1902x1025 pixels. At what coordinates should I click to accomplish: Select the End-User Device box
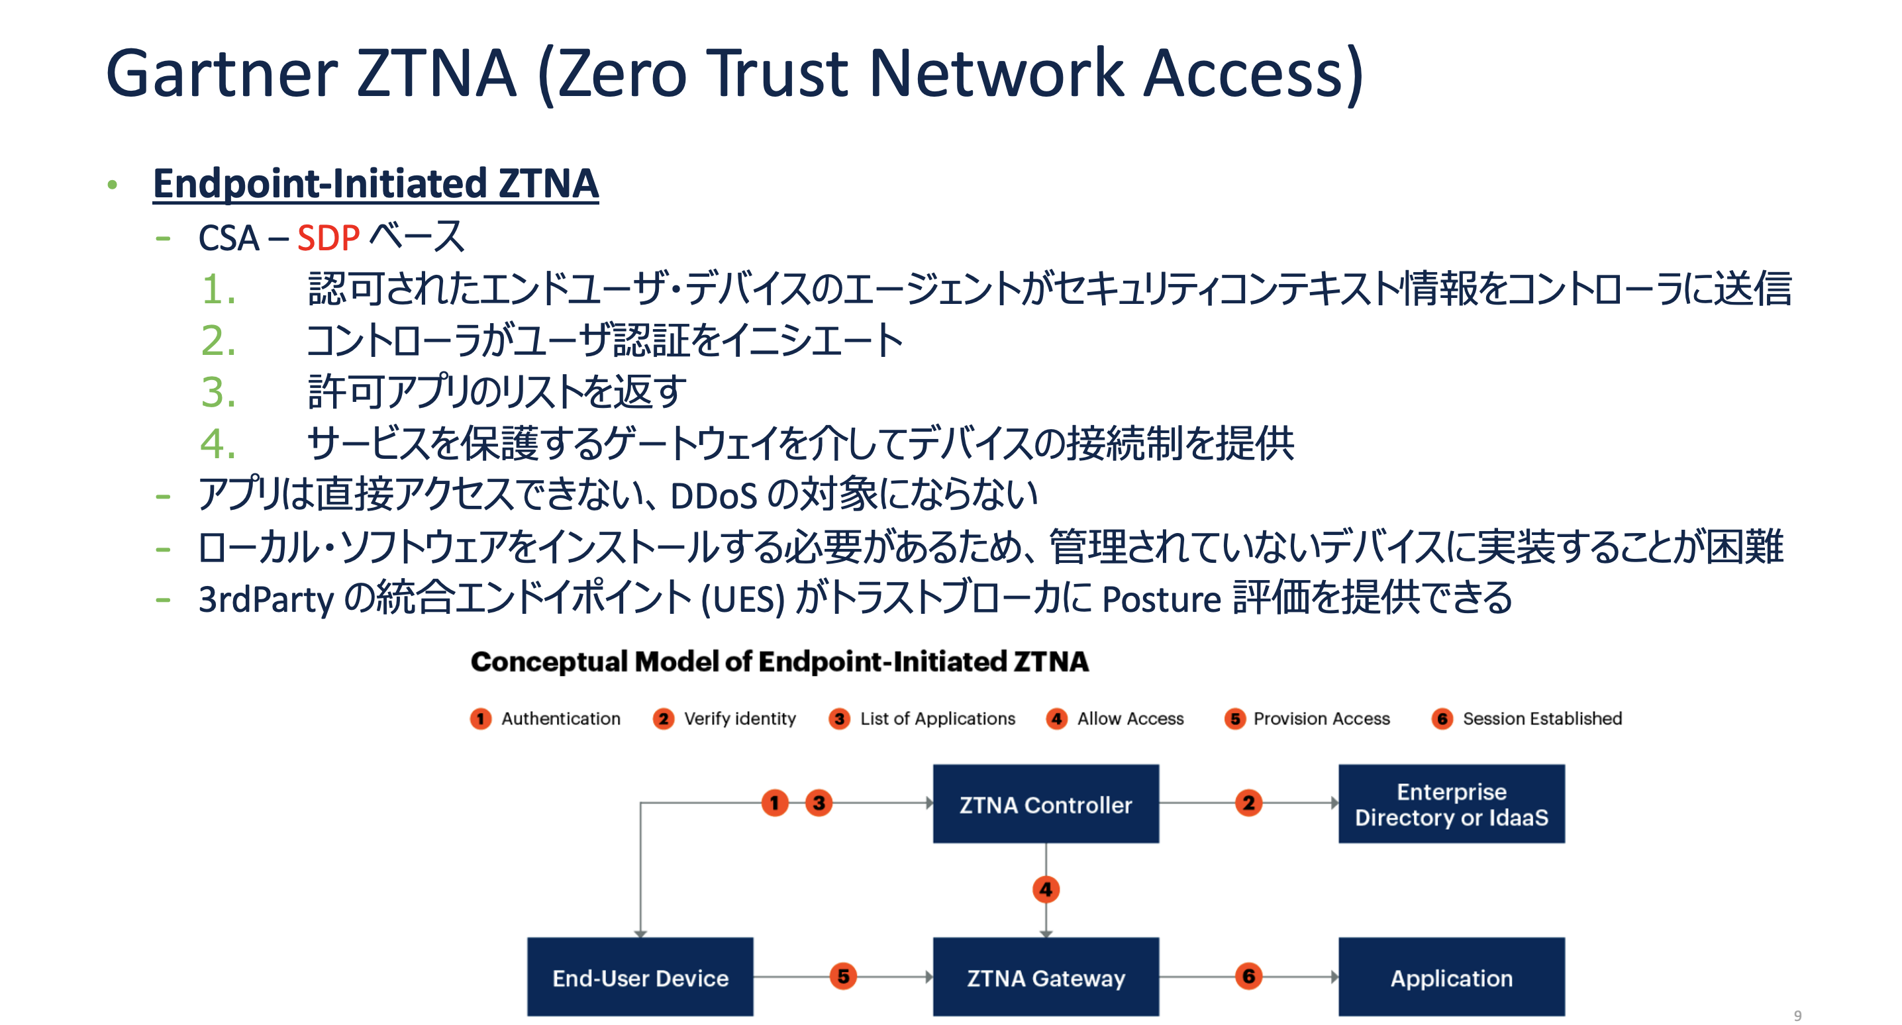(640, 977)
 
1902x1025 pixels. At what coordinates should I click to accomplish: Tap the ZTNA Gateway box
(1046, 977)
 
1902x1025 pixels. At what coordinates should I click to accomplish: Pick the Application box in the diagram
(1451, 977)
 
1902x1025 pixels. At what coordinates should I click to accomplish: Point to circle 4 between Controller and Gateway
(1046, 890)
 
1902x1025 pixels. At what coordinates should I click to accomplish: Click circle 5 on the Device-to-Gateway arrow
(842, 976)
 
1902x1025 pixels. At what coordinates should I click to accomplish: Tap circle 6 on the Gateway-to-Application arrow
(1248, 976)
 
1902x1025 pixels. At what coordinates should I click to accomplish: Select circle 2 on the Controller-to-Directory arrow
(1248, 803)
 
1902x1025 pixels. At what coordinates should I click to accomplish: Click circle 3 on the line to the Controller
(819, 803)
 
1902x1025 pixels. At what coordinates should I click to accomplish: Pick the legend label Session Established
(1542, 718)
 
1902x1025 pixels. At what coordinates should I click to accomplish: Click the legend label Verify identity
(740, 718)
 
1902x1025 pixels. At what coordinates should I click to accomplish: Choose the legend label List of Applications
(937, 718)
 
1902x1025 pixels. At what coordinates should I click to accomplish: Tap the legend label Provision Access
(1321, 718)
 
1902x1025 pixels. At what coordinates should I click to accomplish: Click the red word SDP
(328, 238)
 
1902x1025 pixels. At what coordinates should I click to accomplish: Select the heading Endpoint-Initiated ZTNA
(375, 184)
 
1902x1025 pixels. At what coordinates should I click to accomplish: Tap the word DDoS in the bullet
(713, 496)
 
